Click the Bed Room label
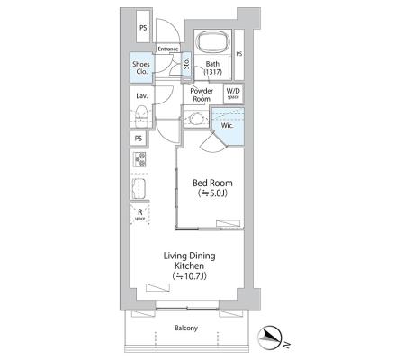[x=212, y=183]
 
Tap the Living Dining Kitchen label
[x=189, y=261]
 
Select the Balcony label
[x=186, y=328]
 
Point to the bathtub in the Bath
[x=212, y=43]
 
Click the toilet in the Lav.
[x=141, y=118]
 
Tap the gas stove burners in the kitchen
[x=139, y=159]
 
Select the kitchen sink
[x=139, y=188]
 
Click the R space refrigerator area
[x=139, y=214]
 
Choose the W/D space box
[x=233, y=94]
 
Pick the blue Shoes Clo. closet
[x=141, y=67]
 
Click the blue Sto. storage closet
[x=186, y=64]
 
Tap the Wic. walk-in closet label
[x=227, y=125]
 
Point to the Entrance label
[x=168, y=49]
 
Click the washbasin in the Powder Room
[x=195, y=119]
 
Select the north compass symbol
[x=270, y=337]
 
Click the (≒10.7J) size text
[x=189, y=276]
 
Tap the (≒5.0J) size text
[x=212, y=193]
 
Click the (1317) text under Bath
[x=212, y=72]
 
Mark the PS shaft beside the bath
[x=238, y=55]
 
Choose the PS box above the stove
[x=139, y=139]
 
